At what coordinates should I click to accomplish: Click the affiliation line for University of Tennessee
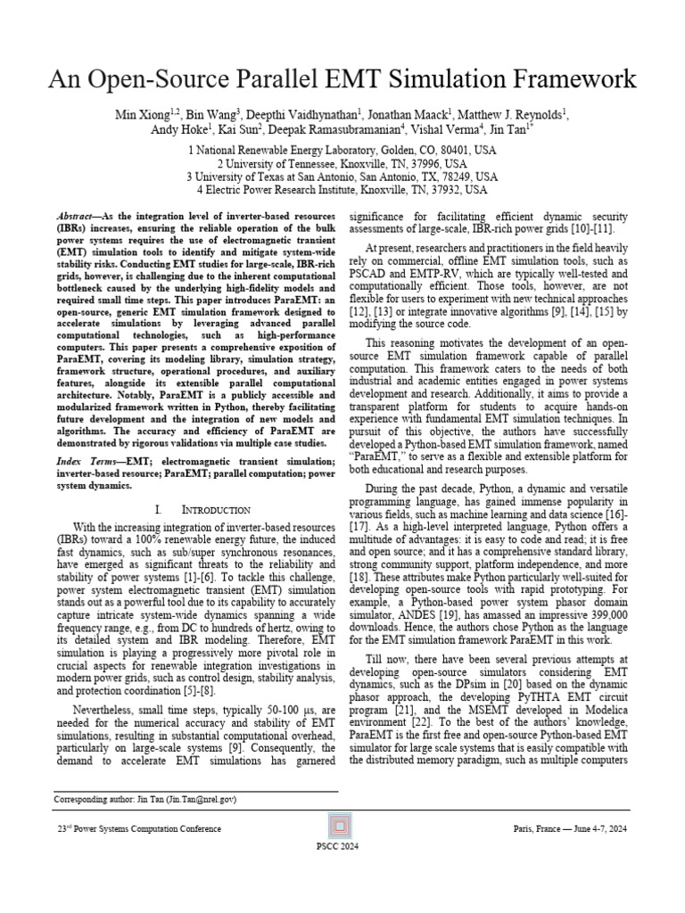coord(342,164)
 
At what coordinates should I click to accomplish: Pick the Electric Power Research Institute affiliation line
coord(342,190)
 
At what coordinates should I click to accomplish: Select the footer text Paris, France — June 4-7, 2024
coord(571,829)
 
